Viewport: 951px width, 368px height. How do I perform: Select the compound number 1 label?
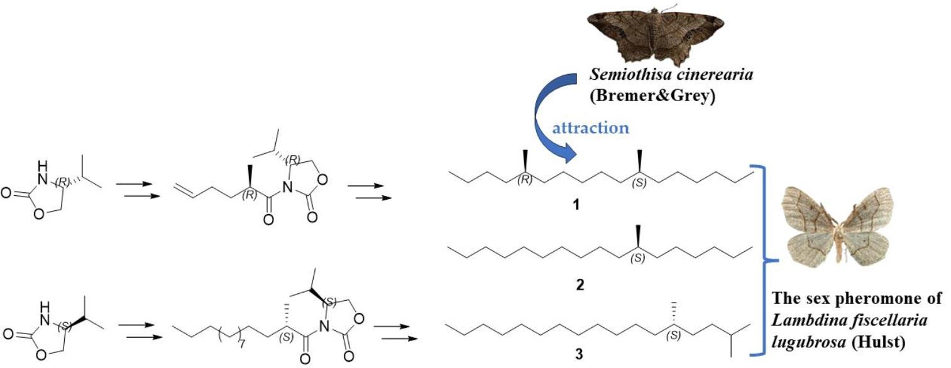[x=578, y=205]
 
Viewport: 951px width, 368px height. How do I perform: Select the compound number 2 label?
[x=578, y=285]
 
